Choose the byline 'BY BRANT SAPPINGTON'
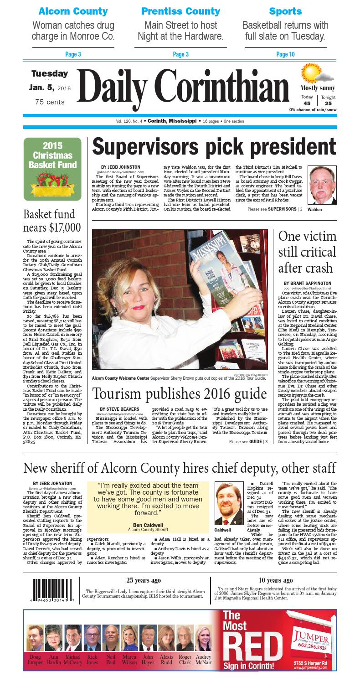308,283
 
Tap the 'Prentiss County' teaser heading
180,11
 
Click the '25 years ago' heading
143,580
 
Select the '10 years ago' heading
275,580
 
